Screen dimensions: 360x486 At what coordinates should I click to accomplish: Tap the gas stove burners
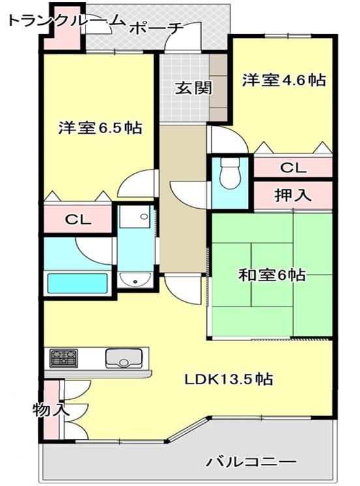pyautogui.click(x=64, y=358)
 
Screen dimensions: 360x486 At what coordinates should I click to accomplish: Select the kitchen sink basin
pyautogui.click(x=124, y=358)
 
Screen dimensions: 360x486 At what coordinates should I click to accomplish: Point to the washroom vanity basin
pyautogui.click(x=136, y=280)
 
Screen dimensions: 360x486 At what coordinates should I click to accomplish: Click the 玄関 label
pyautogui.click(x=194, y=88)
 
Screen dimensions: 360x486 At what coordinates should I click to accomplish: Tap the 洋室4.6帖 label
pyautogui.click(x=284, y=80)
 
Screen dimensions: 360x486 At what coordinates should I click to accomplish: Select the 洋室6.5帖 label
pyautogui.click(x=100, y=127)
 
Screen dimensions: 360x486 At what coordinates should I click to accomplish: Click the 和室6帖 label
pyautogui.click(x=272, y=275)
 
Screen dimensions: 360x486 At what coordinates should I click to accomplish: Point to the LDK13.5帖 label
pyautogui.click(x=229, y=379)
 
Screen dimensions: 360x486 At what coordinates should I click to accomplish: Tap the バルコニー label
pyautogui.click(x=252, y=463)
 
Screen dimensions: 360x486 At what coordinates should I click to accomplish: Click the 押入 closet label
pyautogui.click(x=293, y=195)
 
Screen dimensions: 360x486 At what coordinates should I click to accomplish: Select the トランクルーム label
pyautogui.click(x=66, y=20)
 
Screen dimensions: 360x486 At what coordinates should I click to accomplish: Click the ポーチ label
pyautogui.click(x=157, y=29)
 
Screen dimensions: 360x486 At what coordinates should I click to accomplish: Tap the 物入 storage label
pyautogui.click(x=52, y=410)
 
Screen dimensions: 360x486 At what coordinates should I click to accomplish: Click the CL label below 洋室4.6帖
pyautogui.click(x=293, y=168)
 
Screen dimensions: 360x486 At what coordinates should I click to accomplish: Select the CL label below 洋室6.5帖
pyautogui.click(x=78, y=219)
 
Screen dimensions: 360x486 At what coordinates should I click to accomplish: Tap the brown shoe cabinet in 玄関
pyautogui.click(x=219, y=87)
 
